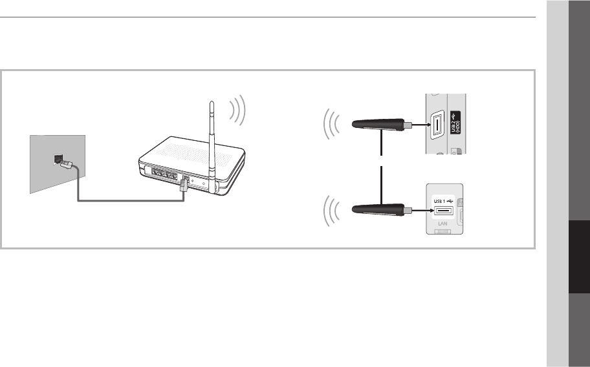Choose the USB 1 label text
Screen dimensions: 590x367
tap(441, 200)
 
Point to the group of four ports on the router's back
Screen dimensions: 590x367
tap(163, 173)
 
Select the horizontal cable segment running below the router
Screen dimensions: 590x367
tap(129, 200)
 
